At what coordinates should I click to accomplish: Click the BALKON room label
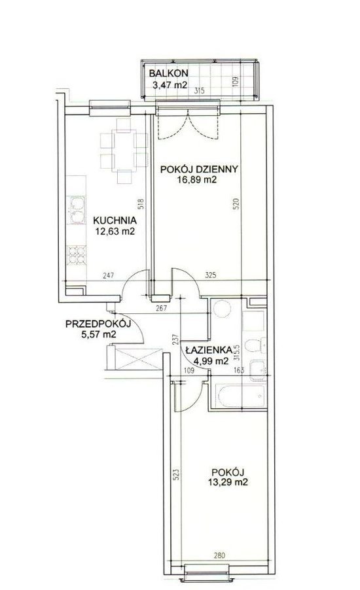pyautogui.click(x=168, y=73)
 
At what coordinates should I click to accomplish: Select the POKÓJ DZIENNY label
pyautogui.click(x=199, y=169)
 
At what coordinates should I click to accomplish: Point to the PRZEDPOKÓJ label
pyautogui.click(x=98, y=324)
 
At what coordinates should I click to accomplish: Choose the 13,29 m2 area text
pyautogui.click(x=228, y=482)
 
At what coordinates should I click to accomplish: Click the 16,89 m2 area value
pyautogui.click(x=197, y=180)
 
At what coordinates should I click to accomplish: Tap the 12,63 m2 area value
pyautogui.click(x=115, y=231)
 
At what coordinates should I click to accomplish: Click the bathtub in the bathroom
pyautogui.click(x=241, y=396)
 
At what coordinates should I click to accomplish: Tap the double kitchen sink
pyautogui.click(x=76, y=209)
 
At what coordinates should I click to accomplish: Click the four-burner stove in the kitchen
pyautogui.click(x=77, y=255)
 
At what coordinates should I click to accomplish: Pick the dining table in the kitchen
pyautogui.click(x=124, y=150)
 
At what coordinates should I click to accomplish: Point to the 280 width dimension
pyautogui.click(x=219, y=555)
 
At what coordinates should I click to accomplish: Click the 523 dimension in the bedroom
pyautogui.click(x=177, y=474)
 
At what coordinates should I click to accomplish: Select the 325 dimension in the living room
pyautogui.click(x=211, y=275)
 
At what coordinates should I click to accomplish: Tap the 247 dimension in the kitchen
pyautogui.click(x=108, y=275)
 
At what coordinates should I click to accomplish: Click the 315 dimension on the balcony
pyautogui.click(x=199, y=90)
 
